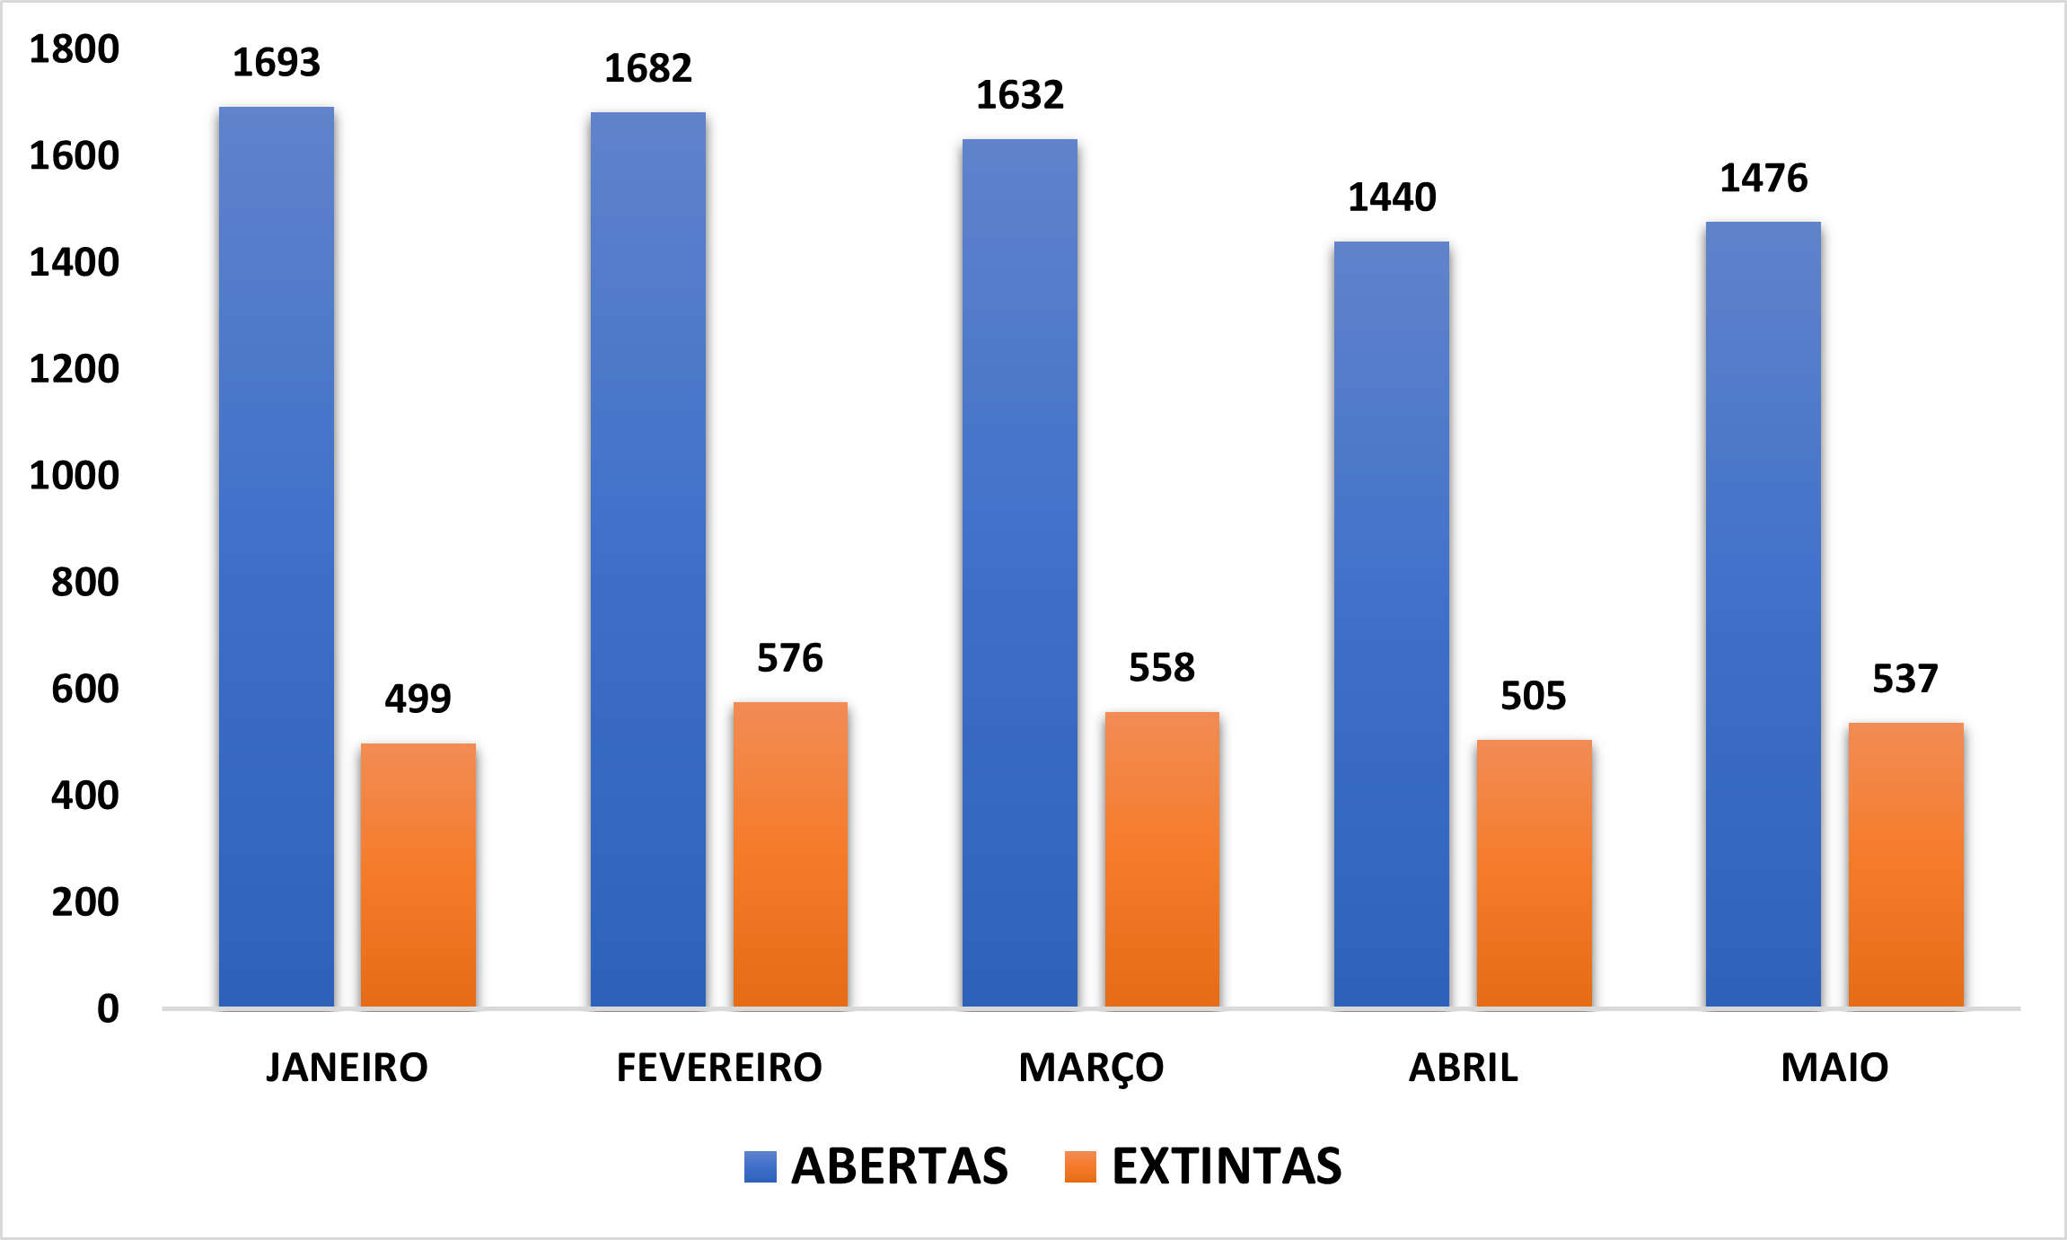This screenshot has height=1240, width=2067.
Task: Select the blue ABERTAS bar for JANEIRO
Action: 277,557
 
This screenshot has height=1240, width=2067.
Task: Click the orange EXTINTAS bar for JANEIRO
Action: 418,875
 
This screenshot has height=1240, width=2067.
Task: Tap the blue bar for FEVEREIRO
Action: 648,558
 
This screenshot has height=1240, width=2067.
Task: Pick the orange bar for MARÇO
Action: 1162,858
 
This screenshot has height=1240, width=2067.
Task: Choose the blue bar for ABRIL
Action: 1392,624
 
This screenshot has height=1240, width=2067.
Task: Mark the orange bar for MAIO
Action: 1905,864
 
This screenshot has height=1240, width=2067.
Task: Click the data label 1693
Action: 277,63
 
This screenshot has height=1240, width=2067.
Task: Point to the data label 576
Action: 790,658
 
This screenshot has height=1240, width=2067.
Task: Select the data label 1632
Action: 1020,95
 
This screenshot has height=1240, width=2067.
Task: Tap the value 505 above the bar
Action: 1534,696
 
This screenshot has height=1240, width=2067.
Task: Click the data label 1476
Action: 1764,178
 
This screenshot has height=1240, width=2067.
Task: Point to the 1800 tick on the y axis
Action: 75,49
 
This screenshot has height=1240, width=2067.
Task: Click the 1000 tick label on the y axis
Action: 75,476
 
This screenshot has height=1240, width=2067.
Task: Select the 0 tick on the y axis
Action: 108,1008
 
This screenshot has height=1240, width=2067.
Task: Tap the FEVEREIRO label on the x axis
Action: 719,1068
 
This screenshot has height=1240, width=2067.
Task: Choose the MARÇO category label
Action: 1091,1068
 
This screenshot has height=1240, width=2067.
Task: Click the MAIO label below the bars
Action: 1834,1068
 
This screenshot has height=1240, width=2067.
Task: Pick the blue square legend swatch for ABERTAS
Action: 761,1166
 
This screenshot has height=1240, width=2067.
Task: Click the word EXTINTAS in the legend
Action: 1227,1166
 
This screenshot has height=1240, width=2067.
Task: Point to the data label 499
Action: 418,699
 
